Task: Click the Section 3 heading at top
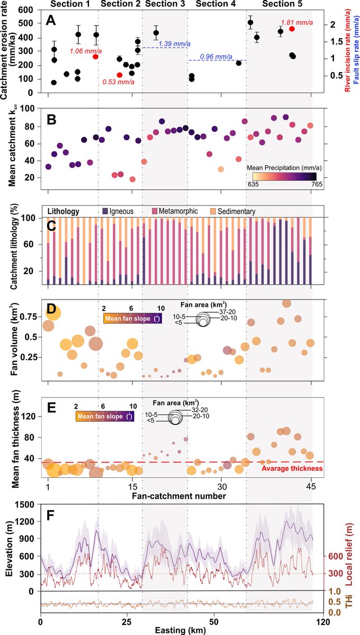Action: (x=165, y=5)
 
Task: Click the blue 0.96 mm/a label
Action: (x=217, y=55)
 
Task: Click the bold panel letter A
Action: (x=51, y=21)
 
